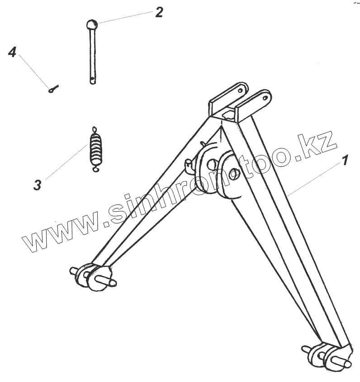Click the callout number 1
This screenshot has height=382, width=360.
(345, 160)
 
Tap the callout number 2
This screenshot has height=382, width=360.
(159, 12)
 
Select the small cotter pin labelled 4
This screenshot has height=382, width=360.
(54, 89)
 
